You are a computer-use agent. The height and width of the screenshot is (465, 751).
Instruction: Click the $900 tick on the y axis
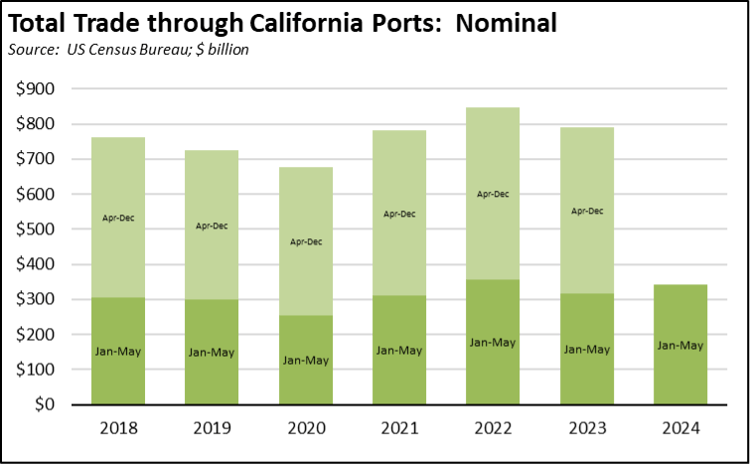(x=36, y=89)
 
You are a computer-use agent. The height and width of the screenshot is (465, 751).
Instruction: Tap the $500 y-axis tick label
(x=36, y=230)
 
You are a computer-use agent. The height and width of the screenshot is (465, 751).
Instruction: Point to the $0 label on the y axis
(x=46, y=405)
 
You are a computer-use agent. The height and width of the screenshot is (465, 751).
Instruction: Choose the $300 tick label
(x=36, y=300)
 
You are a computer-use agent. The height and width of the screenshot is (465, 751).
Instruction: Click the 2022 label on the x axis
(x=493, y=429)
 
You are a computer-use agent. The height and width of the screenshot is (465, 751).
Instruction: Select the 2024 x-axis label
(x=680, y=429)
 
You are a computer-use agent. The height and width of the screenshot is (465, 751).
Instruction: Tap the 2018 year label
(x=117, y=429)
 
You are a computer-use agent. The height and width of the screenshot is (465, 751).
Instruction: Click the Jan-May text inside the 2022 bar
(x=493, y=342)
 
